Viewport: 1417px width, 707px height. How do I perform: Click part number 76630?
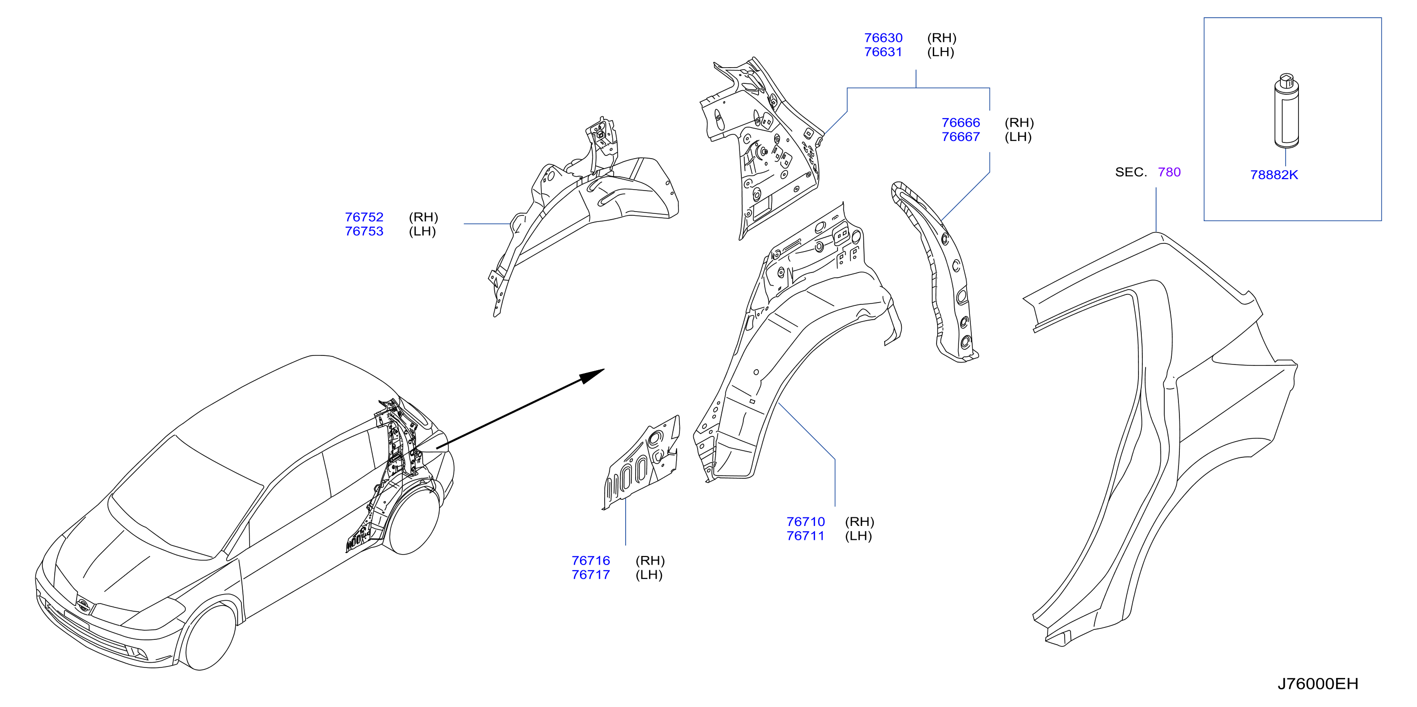pos(883,38)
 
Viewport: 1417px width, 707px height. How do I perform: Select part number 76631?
pos(883,52)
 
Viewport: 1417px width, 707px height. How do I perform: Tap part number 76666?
pos(960,123)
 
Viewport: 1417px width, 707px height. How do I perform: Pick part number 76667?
pos(960,137)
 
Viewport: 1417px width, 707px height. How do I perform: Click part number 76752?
pos(364,217)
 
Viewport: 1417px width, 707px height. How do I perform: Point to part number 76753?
pos(364,232)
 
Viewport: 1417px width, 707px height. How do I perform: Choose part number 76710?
pos(805,522)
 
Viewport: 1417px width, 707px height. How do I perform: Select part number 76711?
pos(805,536)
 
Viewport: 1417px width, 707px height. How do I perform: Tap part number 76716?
pos(591,561)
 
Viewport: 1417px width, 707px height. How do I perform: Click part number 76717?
pos(591,575)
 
